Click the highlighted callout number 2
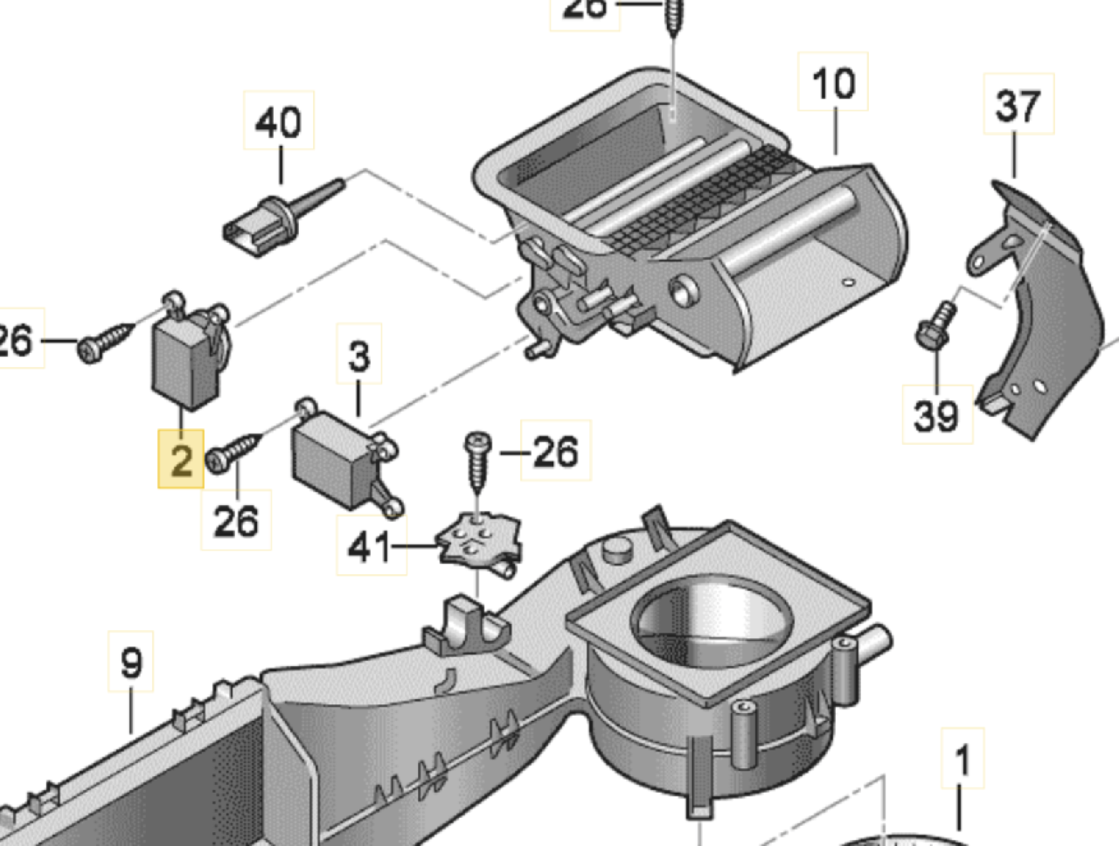[180, 459]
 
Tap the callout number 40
[278, 121]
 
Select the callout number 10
[833, 83]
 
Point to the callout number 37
[1018, 106]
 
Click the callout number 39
[936, 414]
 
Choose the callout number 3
[359, 356]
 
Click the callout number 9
[130, 662]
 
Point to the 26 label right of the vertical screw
[555, 452]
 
